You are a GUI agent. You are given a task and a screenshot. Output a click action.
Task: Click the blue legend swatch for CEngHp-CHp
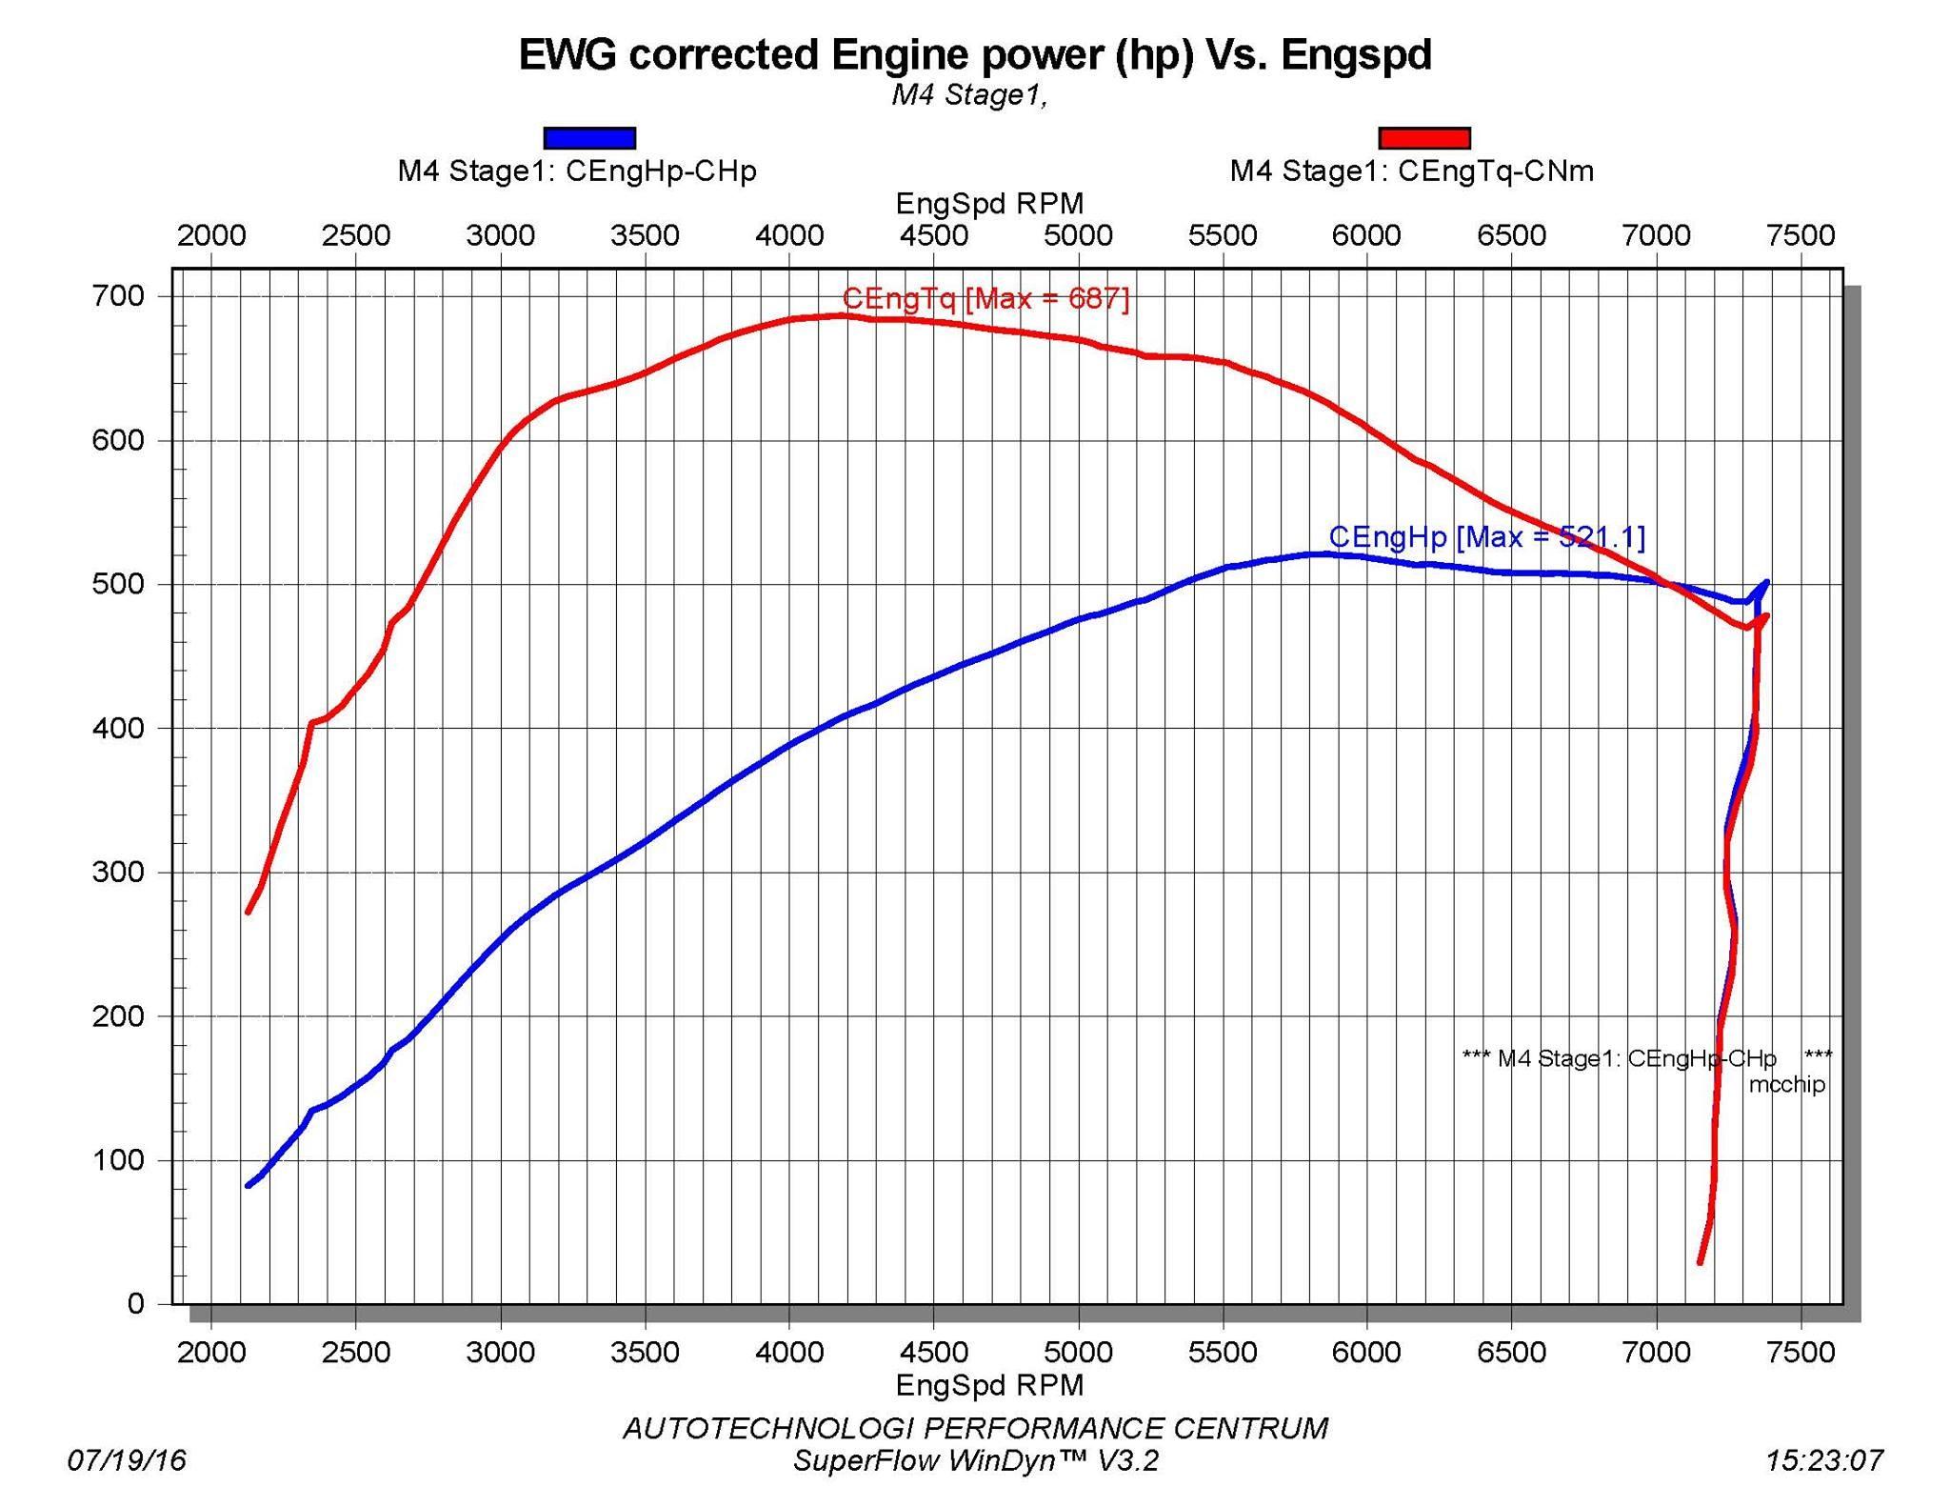589,138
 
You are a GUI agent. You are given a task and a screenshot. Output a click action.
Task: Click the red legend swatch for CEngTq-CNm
1424,138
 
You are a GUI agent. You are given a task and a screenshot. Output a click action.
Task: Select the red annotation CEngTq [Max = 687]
985,299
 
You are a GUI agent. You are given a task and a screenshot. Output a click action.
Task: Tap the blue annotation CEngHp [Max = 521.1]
1486,537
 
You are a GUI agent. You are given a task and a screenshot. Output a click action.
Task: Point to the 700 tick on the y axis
118,296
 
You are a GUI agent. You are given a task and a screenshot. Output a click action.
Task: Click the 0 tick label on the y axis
135,1304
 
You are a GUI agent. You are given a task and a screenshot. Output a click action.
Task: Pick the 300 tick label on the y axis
118,873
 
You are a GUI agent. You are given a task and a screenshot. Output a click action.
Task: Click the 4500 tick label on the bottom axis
934,1353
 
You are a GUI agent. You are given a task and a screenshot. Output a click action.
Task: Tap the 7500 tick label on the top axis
1801,235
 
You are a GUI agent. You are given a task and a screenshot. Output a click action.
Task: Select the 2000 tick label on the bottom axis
211,1353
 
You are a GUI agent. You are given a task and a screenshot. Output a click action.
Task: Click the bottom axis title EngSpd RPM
989,1385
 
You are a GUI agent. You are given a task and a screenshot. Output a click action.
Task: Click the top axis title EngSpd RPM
989,203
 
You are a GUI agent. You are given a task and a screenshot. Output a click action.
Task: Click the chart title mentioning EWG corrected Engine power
975,54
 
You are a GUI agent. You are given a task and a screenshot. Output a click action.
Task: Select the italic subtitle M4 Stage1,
969,95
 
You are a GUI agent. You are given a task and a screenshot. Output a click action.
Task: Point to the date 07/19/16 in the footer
127,1460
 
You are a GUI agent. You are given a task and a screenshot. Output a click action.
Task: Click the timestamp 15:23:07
1824,1460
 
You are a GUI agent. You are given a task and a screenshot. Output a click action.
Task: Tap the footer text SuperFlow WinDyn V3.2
976,1460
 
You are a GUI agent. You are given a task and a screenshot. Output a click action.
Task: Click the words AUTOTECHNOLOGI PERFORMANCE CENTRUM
976,1428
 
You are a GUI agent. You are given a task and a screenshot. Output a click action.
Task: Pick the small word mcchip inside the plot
1787,1084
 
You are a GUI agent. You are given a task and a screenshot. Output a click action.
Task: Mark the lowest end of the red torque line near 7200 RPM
1701,1262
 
